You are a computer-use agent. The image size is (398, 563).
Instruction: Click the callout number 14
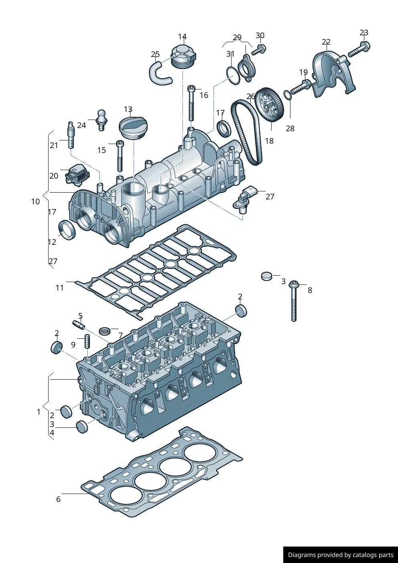pyautogui.click(x=182, y=37)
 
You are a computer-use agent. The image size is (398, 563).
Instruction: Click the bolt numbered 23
pyautogui.click(x=359, y=49)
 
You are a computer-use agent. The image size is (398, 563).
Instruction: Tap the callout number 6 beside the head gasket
pyautogui.click(x=59, y=499)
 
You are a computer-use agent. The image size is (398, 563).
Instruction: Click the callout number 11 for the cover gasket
pyautogui.click(x=60, y=288)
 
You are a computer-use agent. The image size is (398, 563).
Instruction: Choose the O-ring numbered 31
pyautogui.click(x=233, y=75)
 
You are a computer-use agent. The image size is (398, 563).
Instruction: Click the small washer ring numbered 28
pyautogui.click(x=288, y=95)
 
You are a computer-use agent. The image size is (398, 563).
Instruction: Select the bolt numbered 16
pyautogui.click(x=191, y=103)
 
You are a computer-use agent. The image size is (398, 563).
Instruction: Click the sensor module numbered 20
pyautogui.click(x=76, y=175)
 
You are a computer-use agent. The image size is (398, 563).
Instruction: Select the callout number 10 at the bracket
pyautogui.click(x=35, y=201)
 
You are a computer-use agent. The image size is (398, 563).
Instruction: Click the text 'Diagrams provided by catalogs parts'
pyautogui.click(x=341, y=555)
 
